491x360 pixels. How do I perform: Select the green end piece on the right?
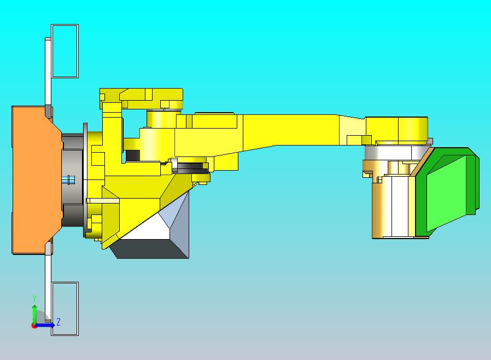[446, 191]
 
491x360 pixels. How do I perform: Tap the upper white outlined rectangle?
[65, 50]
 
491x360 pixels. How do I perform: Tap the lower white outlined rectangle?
[65, 309]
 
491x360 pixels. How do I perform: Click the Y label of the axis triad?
[34, 298]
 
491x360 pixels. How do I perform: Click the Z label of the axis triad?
[59, 322]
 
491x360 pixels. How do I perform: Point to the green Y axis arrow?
[34, 313]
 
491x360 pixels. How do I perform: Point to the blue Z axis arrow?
[46, 325]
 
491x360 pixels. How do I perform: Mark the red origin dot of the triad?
[34, 326]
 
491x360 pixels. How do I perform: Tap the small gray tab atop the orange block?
[49, 112]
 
